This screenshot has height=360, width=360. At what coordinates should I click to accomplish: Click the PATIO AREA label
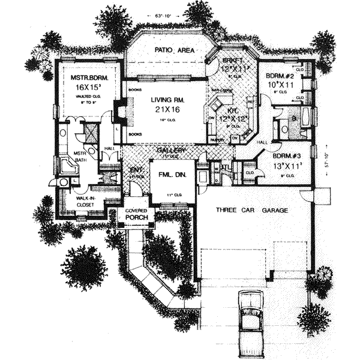coord(174,51)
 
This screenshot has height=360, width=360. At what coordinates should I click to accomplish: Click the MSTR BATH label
coord(81,157)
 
